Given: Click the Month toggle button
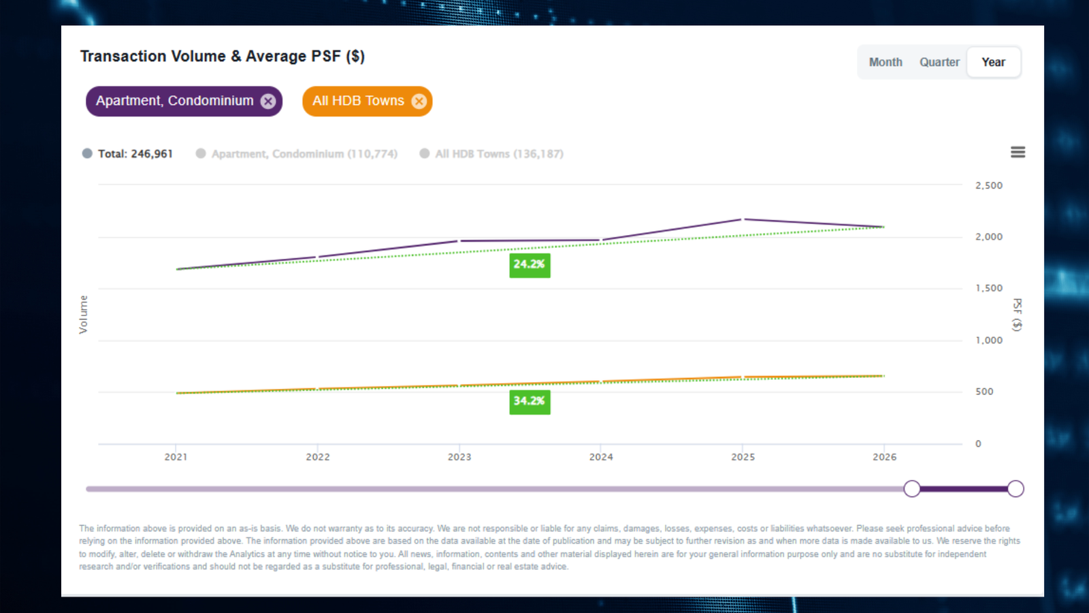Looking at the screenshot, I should point(885,62).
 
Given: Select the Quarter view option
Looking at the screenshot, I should point(939,62).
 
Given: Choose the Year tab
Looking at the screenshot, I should point(993,62).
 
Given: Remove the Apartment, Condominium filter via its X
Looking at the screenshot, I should point(268,101).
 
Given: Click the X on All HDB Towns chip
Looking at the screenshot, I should point(419,101).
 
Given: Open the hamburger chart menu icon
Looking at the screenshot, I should point(1018,152).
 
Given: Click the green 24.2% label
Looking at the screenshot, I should point(530,264).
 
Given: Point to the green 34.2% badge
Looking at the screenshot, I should point(530,401).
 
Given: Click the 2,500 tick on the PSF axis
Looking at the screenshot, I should point(988,185).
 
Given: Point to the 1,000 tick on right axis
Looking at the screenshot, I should point(988,340).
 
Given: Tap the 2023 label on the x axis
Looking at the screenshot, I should point(459,457).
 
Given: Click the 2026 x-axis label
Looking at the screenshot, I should point(884,457).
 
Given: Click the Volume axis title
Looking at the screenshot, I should point(83,314).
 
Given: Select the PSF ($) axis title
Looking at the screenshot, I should point(1017,314).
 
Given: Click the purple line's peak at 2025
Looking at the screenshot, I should point(743,219).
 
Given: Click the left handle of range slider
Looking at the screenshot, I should point(912,488).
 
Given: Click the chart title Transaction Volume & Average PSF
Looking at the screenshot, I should point(222,57).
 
